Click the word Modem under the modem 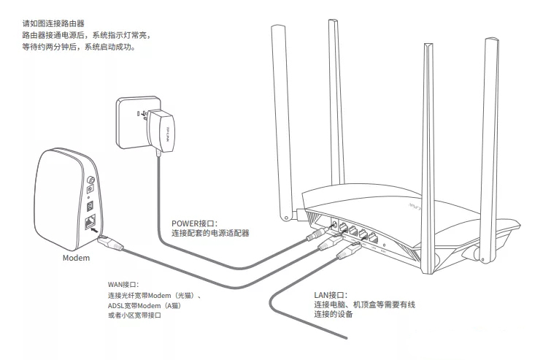click(75, 258)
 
